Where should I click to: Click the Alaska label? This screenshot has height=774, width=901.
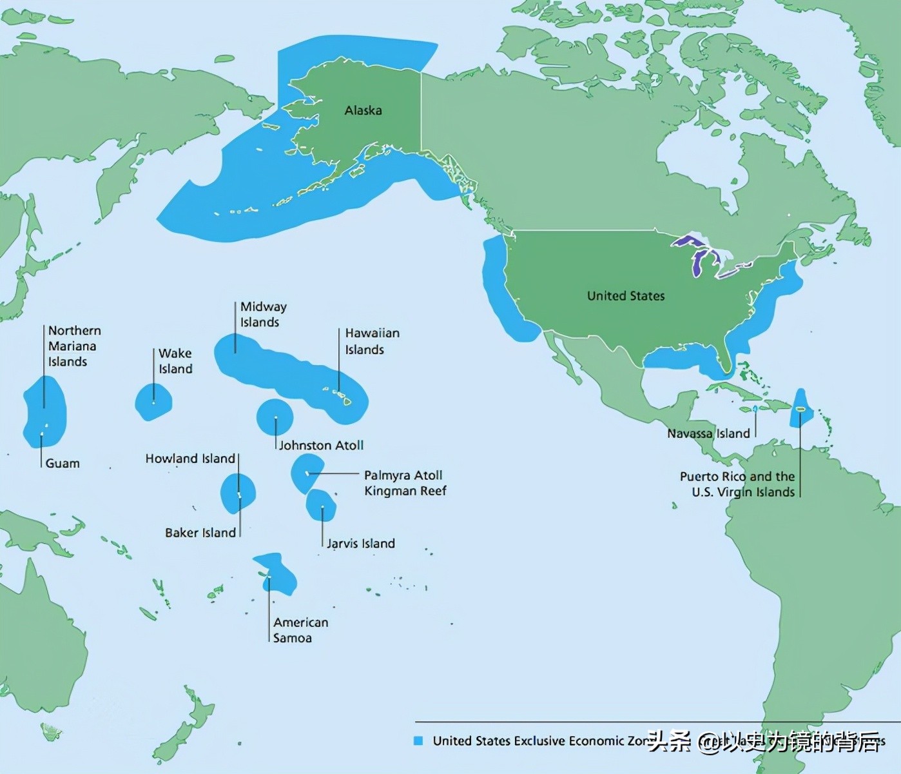click(363, 110)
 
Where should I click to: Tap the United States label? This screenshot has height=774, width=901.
click(625, 296)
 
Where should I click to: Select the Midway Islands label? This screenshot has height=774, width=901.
click(263, 314)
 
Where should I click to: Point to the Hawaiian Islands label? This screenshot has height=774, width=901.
click(372, 341)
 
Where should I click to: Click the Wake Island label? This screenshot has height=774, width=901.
click(175, 361)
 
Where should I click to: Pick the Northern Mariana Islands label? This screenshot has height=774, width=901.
click(74, 346)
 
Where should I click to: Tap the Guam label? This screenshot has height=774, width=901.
click(63, 463)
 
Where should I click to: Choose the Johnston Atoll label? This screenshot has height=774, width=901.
click(321, 445)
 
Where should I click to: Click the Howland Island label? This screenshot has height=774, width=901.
click(190, 459)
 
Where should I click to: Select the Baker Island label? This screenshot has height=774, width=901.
click(200, 533)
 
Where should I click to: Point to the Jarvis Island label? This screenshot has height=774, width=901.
click(360, 544)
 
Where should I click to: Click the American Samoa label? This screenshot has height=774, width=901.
click(300, 630)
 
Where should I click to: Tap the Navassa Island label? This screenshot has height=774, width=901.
click(708, 433)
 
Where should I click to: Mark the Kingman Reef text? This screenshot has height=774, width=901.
click(405, 491)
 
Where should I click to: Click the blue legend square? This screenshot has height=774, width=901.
click(418, 740)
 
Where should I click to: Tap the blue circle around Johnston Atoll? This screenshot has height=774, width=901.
click(275, 416)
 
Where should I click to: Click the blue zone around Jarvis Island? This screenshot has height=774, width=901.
click(321, 505)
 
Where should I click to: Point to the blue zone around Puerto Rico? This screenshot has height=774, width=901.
click(801, 408)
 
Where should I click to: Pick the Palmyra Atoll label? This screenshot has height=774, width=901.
click(403, 475)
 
